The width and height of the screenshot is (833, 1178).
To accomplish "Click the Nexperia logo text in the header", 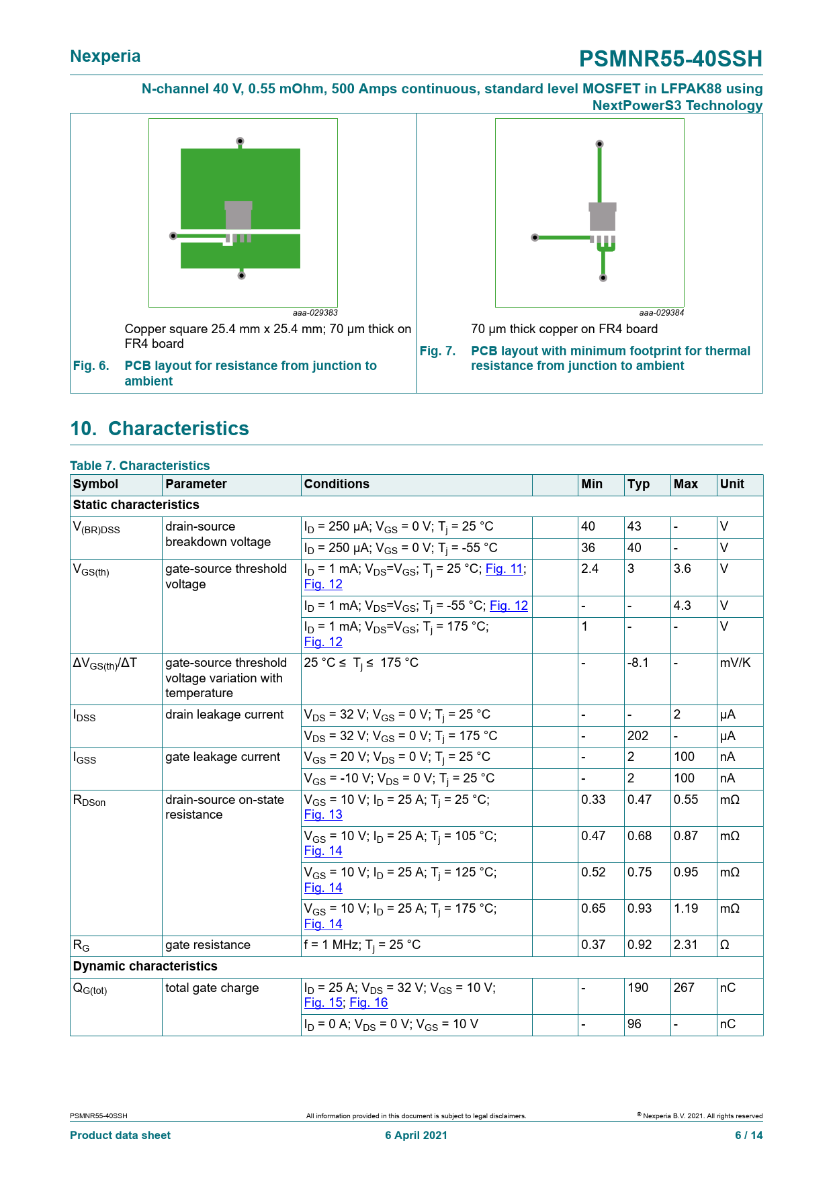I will point(105,56).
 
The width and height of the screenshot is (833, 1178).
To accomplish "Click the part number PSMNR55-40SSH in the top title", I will point(670,59).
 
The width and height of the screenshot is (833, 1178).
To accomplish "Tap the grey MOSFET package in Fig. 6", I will point(238,216).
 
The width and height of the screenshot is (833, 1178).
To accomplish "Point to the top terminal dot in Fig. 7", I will point(600,144).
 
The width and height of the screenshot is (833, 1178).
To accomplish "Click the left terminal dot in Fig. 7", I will point(535,237).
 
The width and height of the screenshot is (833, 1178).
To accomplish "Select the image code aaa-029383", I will point(315,313).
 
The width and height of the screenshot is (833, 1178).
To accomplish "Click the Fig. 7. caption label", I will point(437,351).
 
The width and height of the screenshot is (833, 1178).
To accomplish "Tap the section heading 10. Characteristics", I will point(160,428).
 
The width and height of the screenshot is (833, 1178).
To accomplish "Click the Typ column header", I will point(638,484).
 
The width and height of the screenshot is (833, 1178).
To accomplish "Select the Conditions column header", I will point(337,484).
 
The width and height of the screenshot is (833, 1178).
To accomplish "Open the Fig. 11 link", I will point(504,569).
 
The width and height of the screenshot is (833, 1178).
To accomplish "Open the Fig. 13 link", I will point(323,815).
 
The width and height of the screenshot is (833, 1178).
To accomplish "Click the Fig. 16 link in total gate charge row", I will point(369,1003).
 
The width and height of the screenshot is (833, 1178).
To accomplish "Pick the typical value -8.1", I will point(638,663).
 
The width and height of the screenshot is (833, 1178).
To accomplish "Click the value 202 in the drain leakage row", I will point(638,736).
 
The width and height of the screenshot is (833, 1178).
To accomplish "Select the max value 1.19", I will point(686,909).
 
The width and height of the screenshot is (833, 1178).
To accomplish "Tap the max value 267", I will point(684,988).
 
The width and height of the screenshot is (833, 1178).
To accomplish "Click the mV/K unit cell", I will point(735,663).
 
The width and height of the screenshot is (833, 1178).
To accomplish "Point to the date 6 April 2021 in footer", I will point(416,1135).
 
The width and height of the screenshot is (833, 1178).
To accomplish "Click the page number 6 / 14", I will point(748,1135).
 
